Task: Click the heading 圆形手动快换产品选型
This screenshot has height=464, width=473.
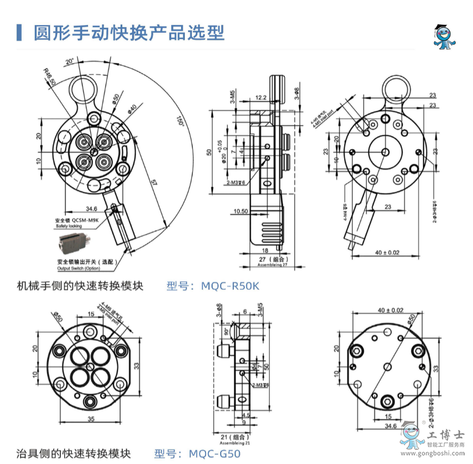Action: coord(128,33)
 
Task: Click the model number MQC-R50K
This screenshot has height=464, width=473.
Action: coord(230,286)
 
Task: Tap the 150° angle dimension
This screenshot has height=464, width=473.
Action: coord(180,121)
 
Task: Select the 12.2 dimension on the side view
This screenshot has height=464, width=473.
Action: coord(260,98)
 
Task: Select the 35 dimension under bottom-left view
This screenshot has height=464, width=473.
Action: coord(90,419)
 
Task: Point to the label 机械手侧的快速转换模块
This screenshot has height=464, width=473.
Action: coord(80,286)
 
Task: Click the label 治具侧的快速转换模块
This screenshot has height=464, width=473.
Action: coord(74,453)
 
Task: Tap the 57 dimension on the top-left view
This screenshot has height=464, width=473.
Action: coord(154,185)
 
